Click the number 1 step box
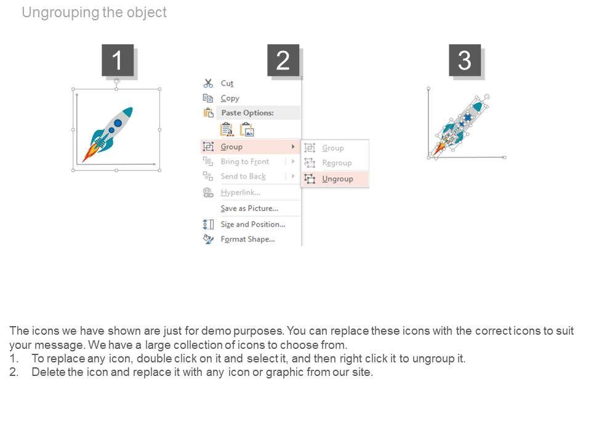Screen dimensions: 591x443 point(118,60)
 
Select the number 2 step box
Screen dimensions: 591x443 point(283,60)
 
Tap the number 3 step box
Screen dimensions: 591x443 point(465,60)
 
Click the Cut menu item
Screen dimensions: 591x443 point(227,83)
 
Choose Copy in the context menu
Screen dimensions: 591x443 point(230,98)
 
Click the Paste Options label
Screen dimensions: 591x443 point(247,113)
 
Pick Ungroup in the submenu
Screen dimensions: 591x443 point(338,179)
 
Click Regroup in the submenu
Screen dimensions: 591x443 point(337,162)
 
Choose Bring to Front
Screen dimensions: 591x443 point(245,162)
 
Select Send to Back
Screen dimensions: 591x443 point(243,177)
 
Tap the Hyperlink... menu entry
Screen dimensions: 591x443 point(241,193)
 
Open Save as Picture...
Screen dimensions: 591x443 point(249,209)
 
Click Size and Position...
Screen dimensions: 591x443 point(253,224)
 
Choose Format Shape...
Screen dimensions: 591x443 point(247,239)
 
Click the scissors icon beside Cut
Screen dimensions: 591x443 point(208,83)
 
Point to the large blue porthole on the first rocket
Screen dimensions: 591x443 point(118,123)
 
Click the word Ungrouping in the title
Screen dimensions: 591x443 point(61,13)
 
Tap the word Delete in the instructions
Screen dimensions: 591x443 point(49,372)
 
